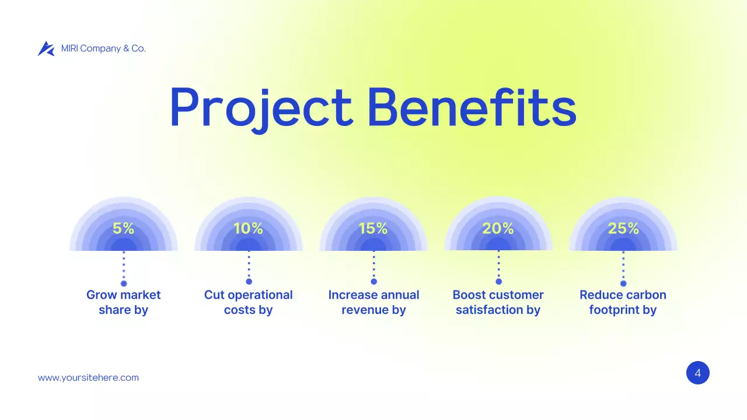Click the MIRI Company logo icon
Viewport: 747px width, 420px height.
pyautogui.click(x=46, y=49)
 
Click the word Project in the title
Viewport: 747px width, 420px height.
pyautogui.click(x=261, y=108)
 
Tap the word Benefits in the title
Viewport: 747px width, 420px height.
pyautogui.click(x=472, y=108)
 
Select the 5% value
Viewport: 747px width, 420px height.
pyautogui.click(x=123, y=229)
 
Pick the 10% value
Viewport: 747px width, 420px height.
pyautogui.click(x=248, y=229)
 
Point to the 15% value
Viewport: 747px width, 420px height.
pyautogui.click(x=373, y=229)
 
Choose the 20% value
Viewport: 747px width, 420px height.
pyautogui.click(x=498, y=229)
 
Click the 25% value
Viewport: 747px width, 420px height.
pyautogui.click(x=623, y=229)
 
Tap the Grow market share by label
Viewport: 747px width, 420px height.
pyautogui.click(x=123, y=302)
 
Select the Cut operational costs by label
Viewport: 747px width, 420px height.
pyautogui.click(x=248, y=302)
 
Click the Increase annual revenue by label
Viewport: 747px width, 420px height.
pyautogui.click(x=373, y=302)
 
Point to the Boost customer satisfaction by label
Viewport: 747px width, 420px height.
pyautogui.click(x=498, y=302)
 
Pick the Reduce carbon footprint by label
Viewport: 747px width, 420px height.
pyautogui.click(x=623, y=302)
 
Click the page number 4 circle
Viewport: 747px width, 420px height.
pyautogui.click(x=697, y=373)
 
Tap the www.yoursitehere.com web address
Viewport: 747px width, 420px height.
pyautogui.click(x=88, y=377)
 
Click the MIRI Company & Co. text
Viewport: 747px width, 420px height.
pyautogui.click(x=103, y=48)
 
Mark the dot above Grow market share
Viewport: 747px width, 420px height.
pyautogui.click(x=124, y=283)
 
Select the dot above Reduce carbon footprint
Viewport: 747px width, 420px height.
pyautogui.click(x=623, y=283)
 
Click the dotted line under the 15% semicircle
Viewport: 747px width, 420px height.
pyautogui.click(x=373, y=265)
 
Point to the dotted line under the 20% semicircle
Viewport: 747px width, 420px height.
pyautogui.click(x=498, y=265)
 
